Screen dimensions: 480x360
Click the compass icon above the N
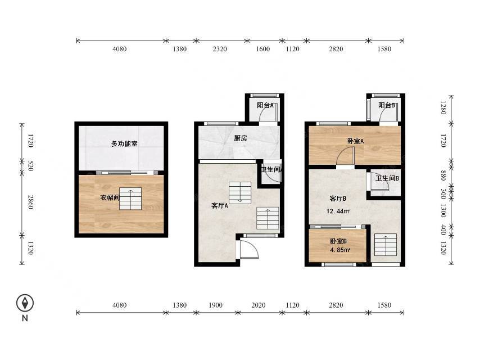[25, 303]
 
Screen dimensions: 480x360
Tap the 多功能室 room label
[124, 143]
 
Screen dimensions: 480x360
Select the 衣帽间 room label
[110, 197]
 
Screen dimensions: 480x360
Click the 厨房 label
[241, 138]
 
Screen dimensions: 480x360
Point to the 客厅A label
[220, 206]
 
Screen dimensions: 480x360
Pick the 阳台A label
[265, 105]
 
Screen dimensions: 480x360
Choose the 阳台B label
[386, 105]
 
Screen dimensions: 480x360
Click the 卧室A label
[355, 141]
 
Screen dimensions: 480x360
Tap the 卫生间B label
[387, 178]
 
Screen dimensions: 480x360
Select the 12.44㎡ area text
[338, 211]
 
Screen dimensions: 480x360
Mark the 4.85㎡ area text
[340, 250]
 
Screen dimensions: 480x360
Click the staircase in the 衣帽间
[130, 199]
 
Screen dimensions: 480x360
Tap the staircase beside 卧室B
[386, 245]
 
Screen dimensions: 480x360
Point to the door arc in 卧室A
[346, 155]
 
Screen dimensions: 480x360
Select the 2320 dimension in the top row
[220, 49]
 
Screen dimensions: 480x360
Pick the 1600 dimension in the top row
[262, 49]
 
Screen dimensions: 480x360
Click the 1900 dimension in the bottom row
[215, 305]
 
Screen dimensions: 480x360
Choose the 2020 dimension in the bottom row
[259, 305]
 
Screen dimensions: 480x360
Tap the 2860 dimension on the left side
[30, 202]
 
